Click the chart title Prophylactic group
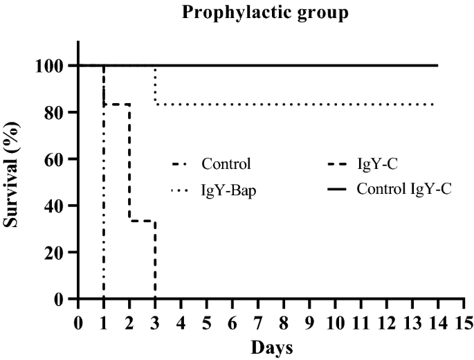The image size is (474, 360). (265, 13)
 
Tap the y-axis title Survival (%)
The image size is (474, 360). (15, 182)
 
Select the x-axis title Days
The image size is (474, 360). (271, 345)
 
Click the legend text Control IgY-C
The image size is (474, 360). (404, 188)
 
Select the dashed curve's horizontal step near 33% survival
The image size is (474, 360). (142, 221)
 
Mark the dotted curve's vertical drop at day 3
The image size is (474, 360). (155, 87)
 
